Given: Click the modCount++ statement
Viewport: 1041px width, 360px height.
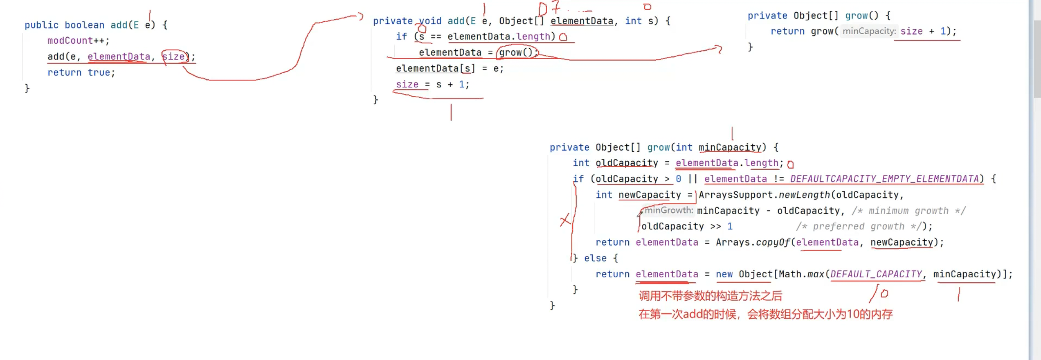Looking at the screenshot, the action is [78, 41].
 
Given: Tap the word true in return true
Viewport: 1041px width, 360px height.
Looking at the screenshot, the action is [99, 73].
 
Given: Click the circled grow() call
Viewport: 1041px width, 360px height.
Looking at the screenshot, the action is [516, 53].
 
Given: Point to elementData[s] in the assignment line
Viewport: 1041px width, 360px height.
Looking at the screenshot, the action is [435, 69].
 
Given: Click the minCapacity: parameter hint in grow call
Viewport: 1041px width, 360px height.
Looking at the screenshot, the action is [869, 32].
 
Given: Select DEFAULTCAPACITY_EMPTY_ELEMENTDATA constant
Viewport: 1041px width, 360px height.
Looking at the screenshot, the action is [884, 179].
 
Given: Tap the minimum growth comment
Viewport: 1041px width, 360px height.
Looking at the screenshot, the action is [908, 211].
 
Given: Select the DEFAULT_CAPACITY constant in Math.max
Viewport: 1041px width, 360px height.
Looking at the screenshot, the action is [876, 274].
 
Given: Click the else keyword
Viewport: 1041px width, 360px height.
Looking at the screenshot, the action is [595, 259].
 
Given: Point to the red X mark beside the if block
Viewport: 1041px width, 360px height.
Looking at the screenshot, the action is [565, 221].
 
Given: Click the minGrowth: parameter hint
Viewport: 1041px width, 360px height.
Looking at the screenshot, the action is [669, 211].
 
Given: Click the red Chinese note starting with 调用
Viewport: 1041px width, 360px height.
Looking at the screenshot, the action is [710, 296].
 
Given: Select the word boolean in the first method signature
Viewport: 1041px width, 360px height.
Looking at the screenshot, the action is [84, 25].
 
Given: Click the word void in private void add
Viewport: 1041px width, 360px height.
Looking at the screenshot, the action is [430, 21].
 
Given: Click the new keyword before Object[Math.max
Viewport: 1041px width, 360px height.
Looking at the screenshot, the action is [724, 274].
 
